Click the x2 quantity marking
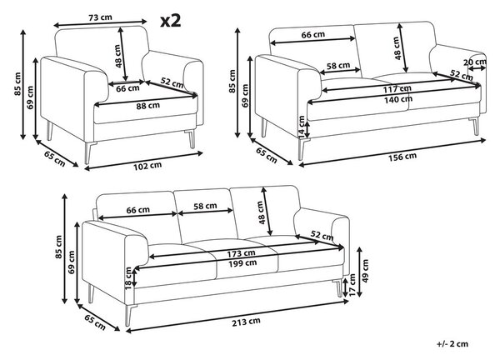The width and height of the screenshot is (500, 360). point(171,21)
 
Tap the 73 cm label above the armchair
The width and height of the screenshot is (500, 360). point(100,17)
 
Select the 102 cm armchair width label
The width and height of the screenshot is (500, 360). point(147,166)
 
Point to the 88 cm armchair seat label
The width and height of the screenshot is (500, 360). point(148,106)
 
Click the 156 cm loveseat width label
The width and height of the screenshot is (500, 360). point(402,157)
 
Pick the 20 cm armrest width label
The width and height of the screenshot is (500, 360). point(475,62)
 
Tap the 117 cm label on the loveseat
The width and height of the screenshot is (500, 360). point(397,88)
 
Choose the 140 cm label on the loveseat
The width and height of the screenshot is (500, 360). point(397,99)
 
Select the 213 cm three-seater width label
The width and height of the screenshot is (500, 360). point(246,322)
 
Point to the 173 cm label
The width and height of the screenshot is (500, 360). point(241,254)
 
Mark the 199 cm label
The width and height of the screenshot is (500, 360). point(242,263)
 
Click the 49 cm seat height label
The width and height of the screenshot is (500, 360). point(365,271)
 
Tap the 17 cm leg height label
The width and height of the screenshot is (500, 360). point(352,285)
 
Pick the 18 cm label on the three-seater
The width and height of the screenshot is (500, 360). point(128,278)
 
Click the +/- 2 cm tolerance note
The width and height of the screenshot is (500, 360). point(452,343)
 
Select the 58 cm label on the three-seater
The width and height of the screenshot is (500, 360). point(205,207)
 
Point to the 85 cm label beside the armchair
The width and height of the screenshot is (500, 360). point(17,84)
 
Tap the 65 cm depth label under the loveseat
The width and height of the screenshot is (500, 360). point(267,155)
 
